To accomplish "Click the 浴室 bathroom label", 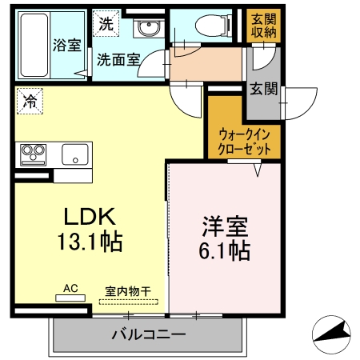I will (x=67, y=46).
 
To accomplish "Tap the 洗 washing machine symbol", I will (x=106, y=24).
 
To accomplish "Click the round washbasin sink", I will (x=147, y=30).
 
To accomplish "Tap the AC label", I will (x=71, y=286).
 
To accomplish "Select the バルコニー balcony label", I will (x=148, y=333).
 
